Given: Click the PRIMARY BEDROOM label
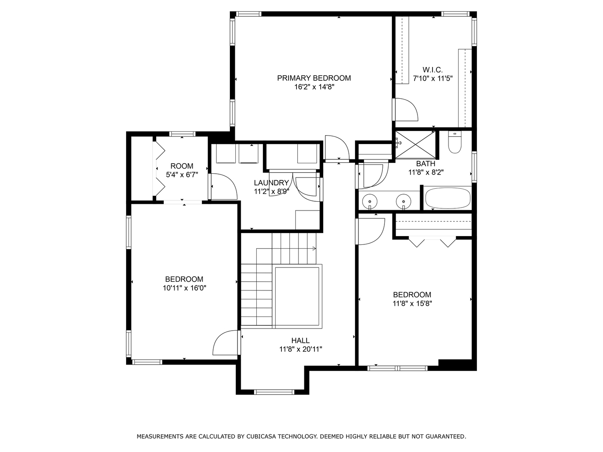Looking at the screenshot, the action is point(314,78).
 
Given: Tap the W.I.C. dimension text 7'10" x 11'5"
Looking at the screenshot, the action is point(433,79).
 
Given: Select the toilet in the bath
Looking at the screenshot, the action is point(455,142).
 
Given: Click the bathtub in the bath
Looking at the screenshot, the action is point(448,198).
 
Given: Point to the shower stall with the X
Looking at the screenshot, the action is point(415,145).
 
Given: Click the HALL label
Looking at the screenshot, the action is point(301,341).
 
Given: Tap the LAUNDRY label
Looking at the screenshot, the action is point(271,183).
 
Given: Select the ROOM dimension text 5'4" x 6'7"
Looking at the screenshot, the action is point(182,175).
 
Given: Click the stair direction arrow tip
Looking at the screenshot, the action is point(316,249).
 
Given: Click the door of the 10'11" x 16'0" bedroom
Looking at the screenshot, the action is point(225,343).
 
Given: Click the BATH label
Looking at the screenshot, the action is point(425,164).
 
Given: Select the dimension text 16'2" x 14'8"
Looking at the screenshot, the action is point(314,87).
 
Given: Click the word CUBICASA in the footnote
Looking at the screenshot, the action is point(262,437).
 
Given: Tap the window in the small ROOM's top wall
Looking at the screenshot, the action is point(182,134).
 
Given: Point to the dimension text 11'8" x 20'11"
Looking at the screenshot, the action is point(301,349).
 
